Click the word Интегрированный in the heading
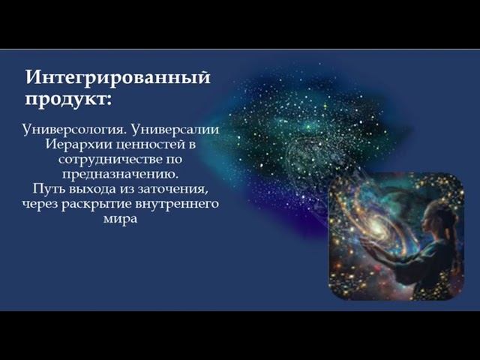pyautogui.click(x=118, y=77)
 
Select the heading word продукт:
pyautogui.click(x=68, y=99)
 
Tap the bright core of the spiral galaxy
pyautogui.click(x=373, y=226)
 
